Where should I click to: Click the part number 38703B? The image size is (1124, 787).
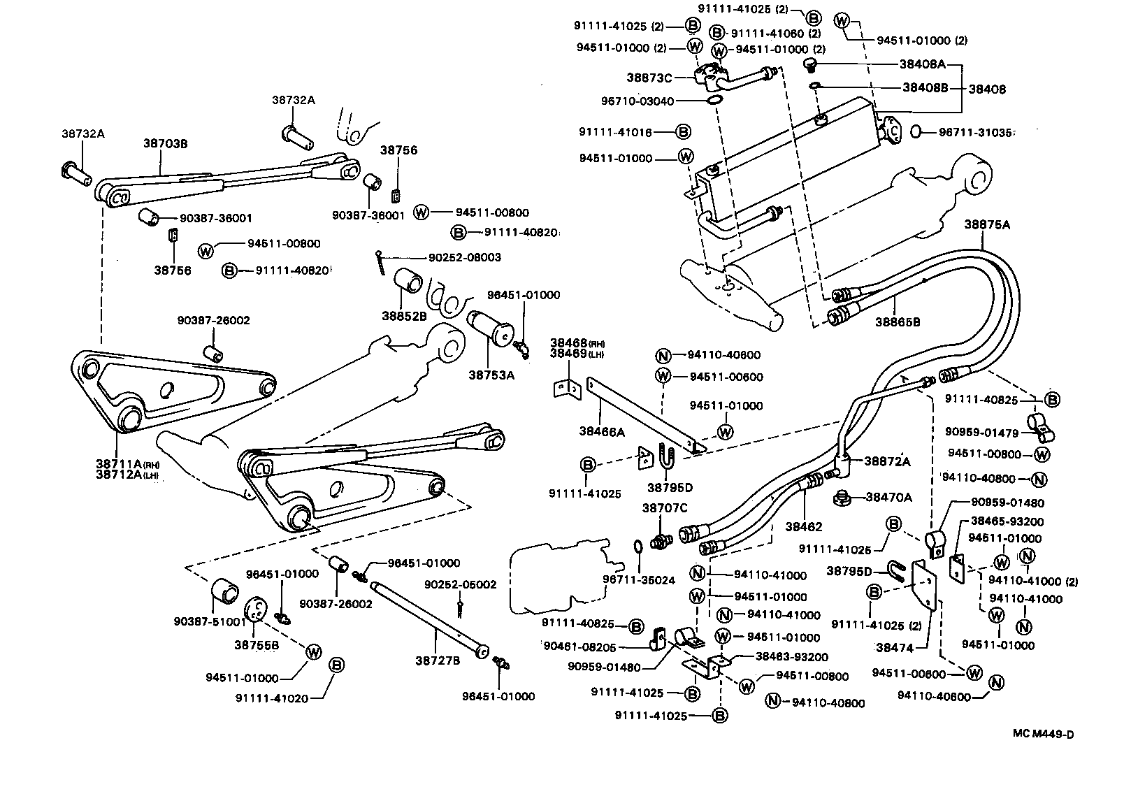click(x=166, y=143)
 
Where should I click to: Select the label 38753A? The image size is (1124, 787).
click(x=491, y=375)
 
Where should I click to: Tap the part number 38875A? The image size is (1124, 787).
click(x=987, y=224)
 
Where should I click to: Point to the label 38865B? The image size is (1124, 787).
click(x=898, y=322)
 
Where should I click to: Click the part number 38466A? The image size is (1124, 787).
click(x=602, y=432)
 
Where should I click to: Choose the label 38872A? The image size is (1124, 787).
click(x=887, y=461)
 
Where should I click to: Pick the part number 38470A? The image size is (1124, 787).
click(x=889, y=498)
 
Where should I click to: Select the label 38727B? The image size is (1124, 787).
click(x=438, y=660)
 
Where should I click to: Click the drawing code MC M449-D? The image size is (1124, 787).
click(x=1043, y=734)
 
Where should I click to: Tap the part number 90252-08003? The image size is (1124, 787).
click(x=465, y=257)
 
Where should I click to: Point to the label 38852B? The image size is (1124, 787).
click(x=404, y=315)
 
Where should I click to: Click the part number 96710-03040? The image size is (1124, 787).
click(x=637, y=101)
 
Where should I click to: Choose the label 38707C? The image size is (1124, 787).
click(x=665, y=508)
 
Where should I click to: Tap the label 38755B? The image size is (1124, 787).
click(x=257, y=645)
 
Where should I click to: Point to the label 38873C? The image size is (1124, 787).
click(x=649, y=78)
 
